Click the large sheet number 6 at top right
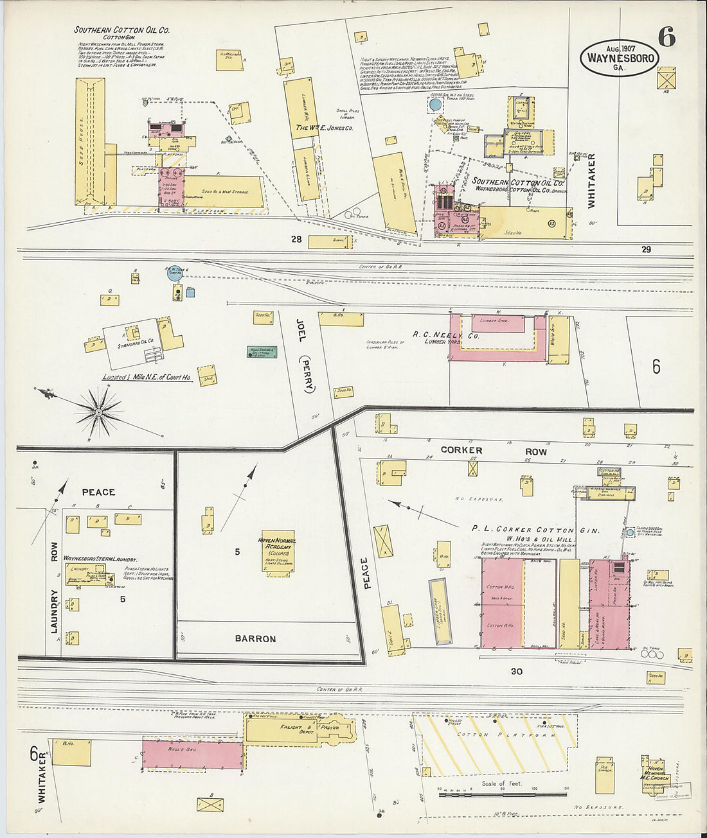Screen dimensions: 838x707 [x=667, y=38]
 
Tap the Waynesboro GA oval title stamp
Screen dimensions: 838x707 [x=620, y=58]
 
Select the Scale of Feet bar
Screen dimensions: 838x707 [x=503, y=794]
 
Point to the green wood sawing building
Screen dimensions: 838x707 [x=262, y=352]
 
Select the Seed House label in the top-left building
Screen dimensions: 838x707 [x=82, y=141]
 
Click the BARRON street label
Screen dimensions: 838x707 [x=255, y=639]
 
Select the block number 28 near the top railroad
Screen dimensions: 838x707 [x=296, y=240]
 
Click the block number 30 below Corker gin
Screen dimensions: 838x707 [x=517, y=672]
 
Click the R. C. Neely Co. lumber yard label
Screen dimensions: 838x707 [x=446, y=335]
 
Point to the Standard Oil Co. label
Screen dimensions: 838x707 [x=136, y=340]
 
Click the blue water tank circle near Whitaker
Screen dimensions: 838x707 [x=435, y=104]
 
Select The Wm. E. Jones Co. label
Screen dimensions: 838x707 [x=324, y=128]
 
